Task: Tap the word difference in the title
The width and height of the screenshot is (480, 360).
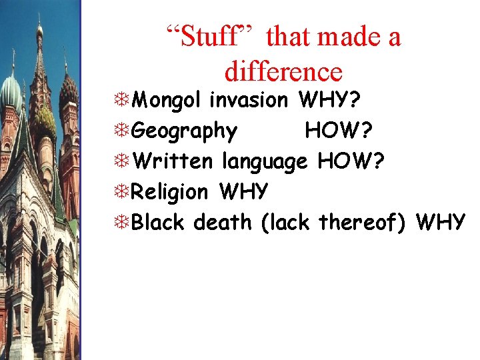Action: (284, 71)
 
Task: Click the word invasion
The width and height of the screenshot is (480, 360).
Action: (249, 100)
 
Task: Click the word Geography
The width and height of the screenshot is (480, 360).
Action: (185, 131)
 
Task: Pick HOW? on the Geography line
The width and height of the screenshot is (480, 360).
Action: (339, 131)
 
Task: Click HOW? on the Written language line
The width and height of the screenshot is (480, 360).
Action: (351, 161)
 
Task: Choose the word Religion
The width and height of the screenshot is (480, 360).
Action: (170, 192)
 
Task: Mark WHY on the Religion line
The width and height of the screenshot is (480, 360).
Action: (243, 192)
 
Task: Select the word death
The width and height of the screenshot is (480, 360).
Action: (223, 222)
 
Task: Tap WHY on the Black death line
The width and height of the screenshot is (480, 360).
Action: (441, 222)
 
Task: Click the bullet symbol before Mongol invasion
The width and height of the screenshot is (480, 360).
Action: (122, 101)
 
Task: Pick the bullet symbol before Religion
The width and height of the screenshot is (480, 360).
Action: (122, 192)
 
